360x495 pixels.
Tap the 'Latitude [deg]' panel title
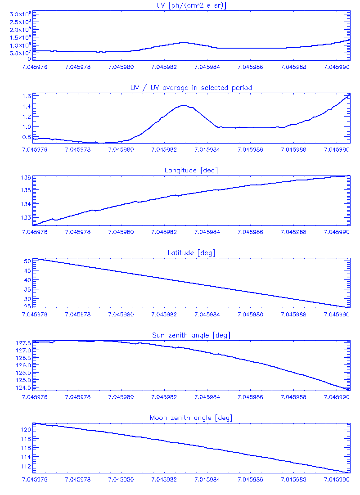191,253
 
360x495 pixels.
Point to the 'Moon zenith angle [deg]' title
191,418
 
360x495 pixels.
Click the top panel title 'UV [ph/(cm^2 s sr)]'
191,5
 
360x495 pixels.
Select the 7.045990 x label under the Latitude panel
337,315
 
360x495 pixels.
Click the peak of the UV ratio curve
183,105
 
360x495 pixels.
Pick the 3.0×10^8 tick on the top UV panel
20,15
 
